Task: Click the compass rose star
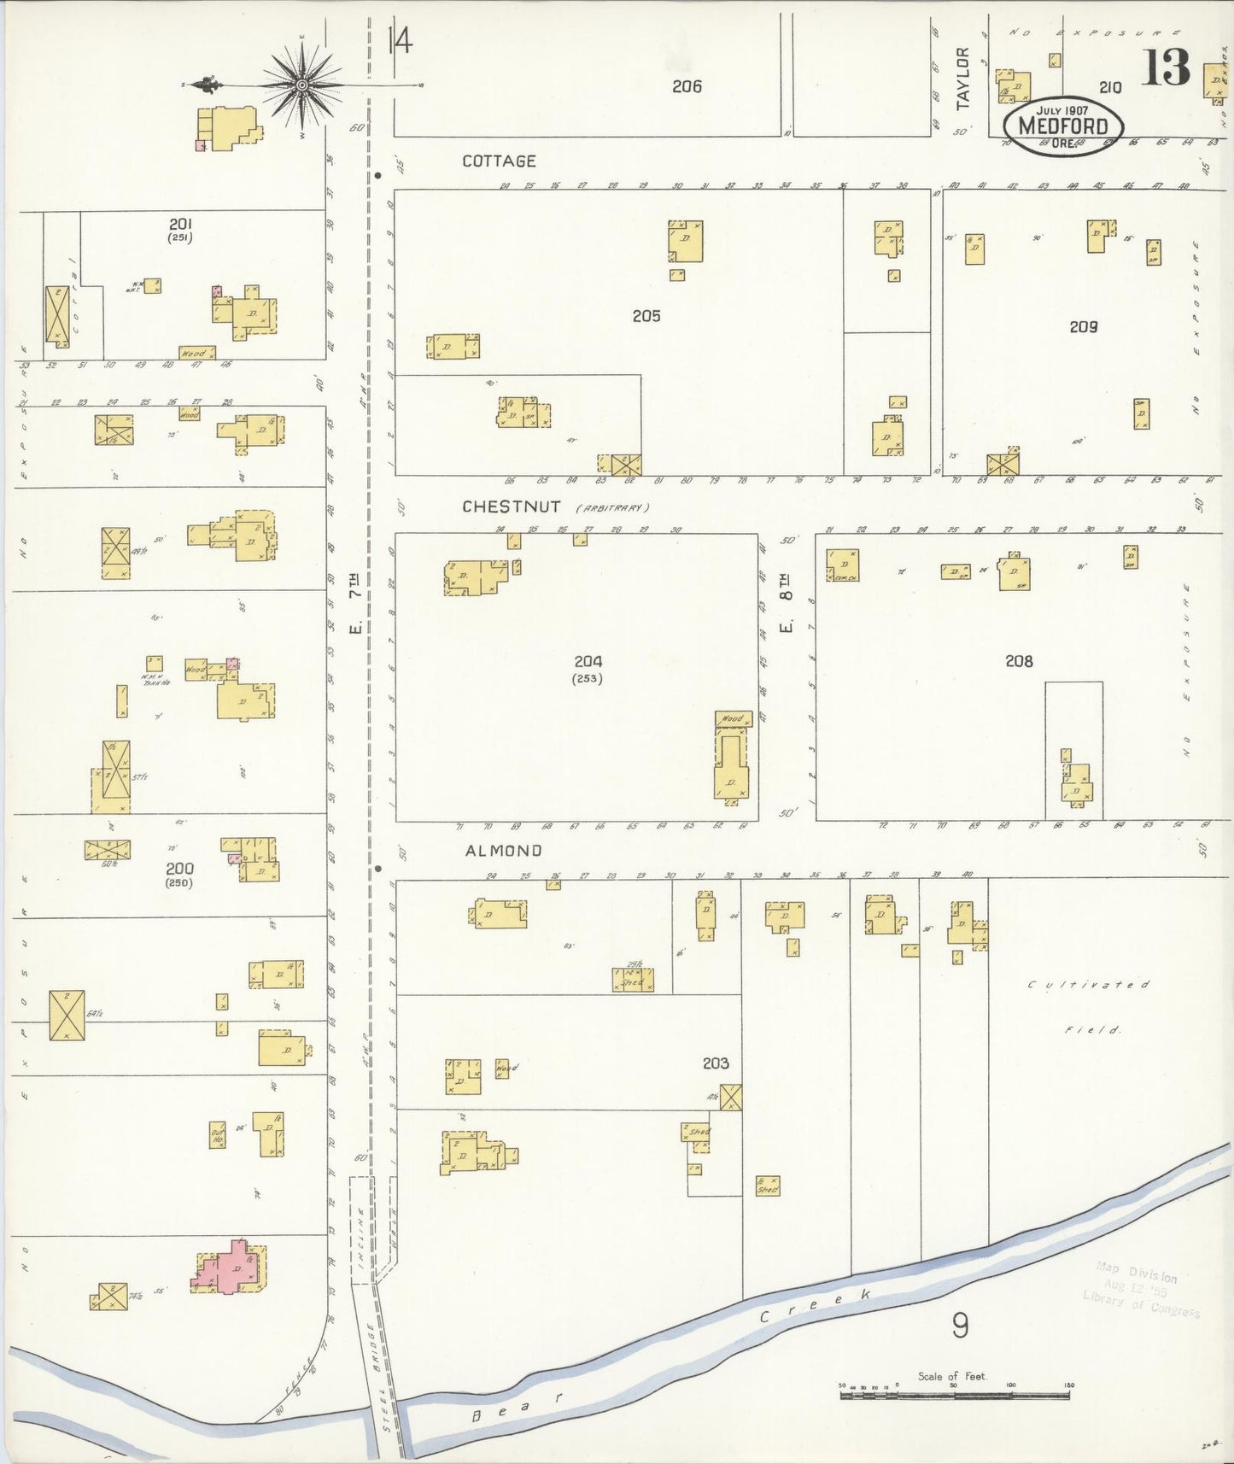click(302, 85)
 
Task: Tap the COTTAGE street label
click(499, 161)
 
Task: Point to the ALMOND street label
click(503, 851)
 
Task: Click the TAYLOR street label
click(963, 79)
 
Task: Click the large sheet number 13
click(1166, 68)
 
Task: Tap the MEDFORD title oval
click(1062, 125)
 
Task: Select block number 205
click(646, 316)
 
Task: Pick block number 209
click(1083, 326)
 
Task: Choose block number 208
click(1019, 661)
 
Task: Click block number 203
click(716, 1063)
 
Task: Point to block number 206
click(687, 86)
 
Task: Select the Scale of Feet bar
click(955, 1395)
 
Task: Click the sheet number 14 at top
click(399, 40)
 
